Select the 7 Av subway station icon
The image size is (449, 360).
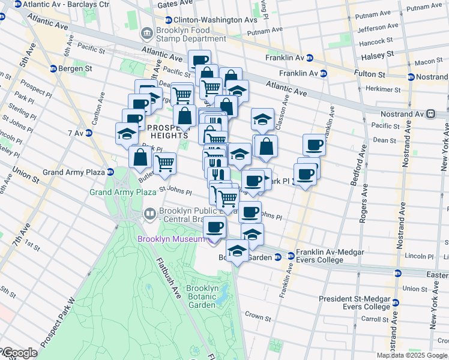[x=88, y=133]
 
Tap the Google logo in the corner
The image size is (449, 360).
[x=19, y=353]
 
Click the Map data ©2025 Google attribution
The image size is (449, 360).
[x=412, y=355]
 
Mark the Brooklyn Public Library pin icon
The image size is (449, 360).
[x=149, y=213]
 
